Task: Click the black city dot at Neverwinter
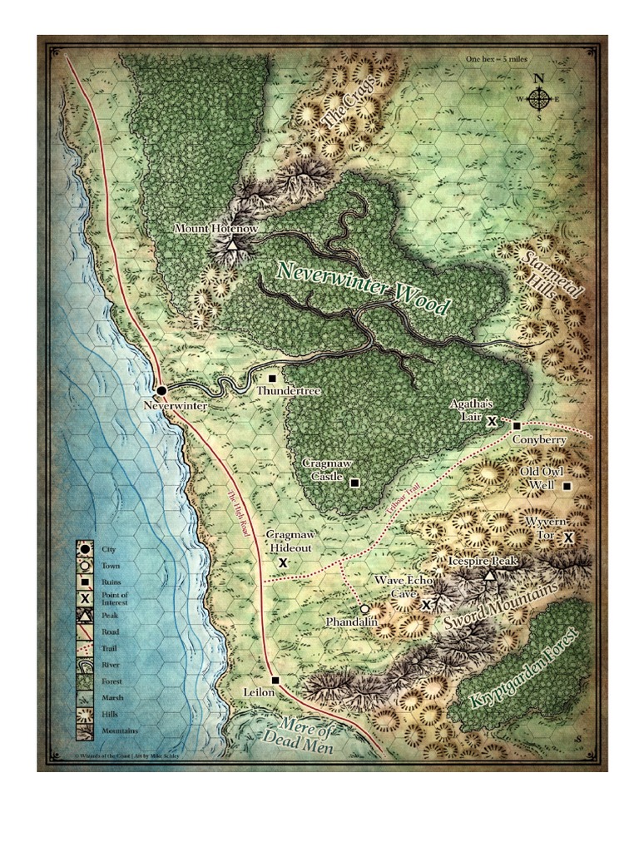[x=161, y=389]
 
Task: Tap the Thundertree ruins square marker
[x=272, y=378]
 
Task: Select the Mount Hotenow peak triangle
[x=232, y=245]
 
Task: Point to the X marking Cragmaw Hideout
[x=283, y=563]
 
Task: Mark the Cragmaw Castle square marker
[x=354, y=483]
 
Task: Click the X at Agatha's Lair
[x=492, y=422]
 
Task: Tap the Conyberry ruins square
[x=517, y=426]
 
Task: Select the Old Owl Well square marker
[x=567, y=486]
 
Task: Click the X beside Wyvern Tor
[x=568, y=537]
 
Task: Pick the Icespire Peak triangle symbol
[x=490, y=576]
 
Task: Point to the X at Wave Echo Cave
[x=427, y=605]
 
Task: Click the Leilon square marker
[x=275, y=680]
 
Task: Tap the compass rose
[x=539, y=99]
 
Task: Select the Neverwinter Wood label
[x=363, y=289]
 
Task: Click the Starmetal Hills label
[x=556, y=286]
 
